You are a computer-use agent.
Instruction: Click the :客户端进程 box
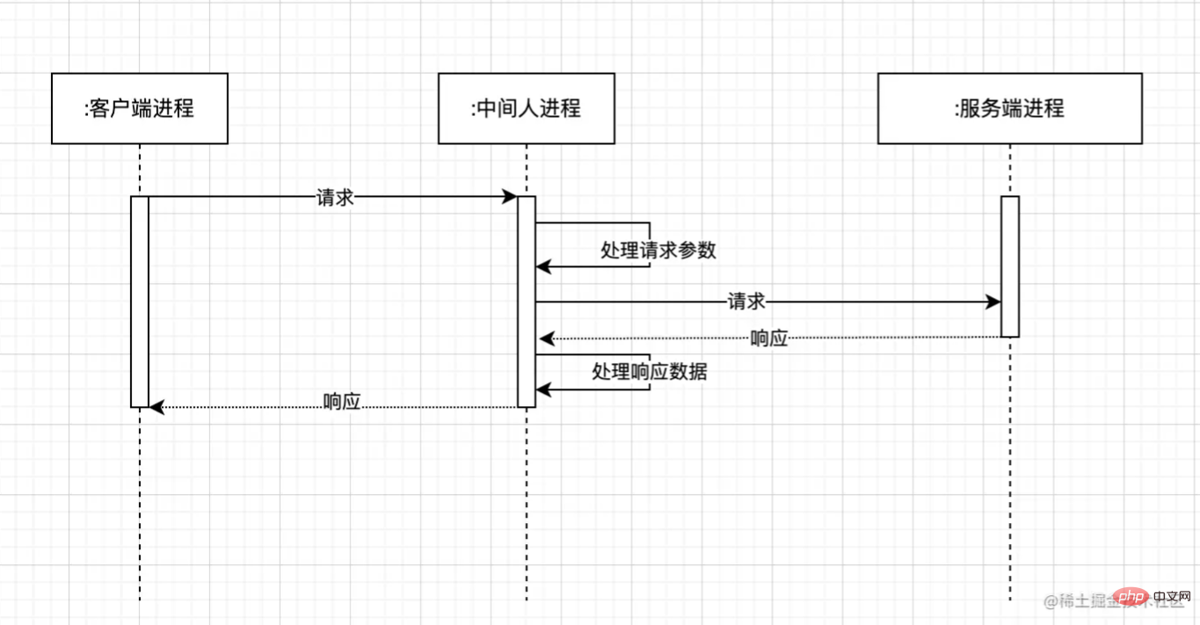click(140, 108)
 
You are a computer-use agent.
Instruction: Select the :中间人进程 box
click(527, 108)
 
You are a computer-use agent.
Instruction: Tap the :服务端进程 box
click(1009, 108)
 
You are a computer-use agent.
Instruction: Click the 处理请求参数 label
click(658, 250)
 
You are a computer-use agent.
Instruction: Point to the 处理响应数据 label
click(650, 372)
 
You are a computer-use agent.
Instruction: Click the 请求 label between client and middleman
click(335, 198)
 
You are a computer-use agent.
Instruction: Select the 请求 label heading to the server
click(746, 302)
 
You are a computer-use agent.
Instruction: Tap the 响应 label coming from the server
click(769, 338)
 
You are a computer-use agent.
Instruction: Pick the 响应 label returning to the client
click(342, 402)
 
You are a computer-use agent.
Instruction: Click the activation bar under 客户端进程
click(140, 302)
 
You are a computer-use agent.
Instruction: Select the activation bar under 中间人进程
click(527, 302)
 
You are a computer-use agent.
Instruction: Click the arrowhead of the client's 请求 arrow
click(510, 197)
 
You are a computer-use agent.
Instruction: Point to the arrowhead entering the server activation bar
click(993, 302)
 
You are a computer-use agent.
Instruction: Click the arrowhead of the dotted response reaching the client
click(157, 407)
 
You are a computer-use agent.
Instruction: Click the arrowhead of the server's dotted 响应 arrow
click(546, 338)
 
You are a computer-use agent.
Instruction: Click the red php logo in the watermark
click(1124, 600)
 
